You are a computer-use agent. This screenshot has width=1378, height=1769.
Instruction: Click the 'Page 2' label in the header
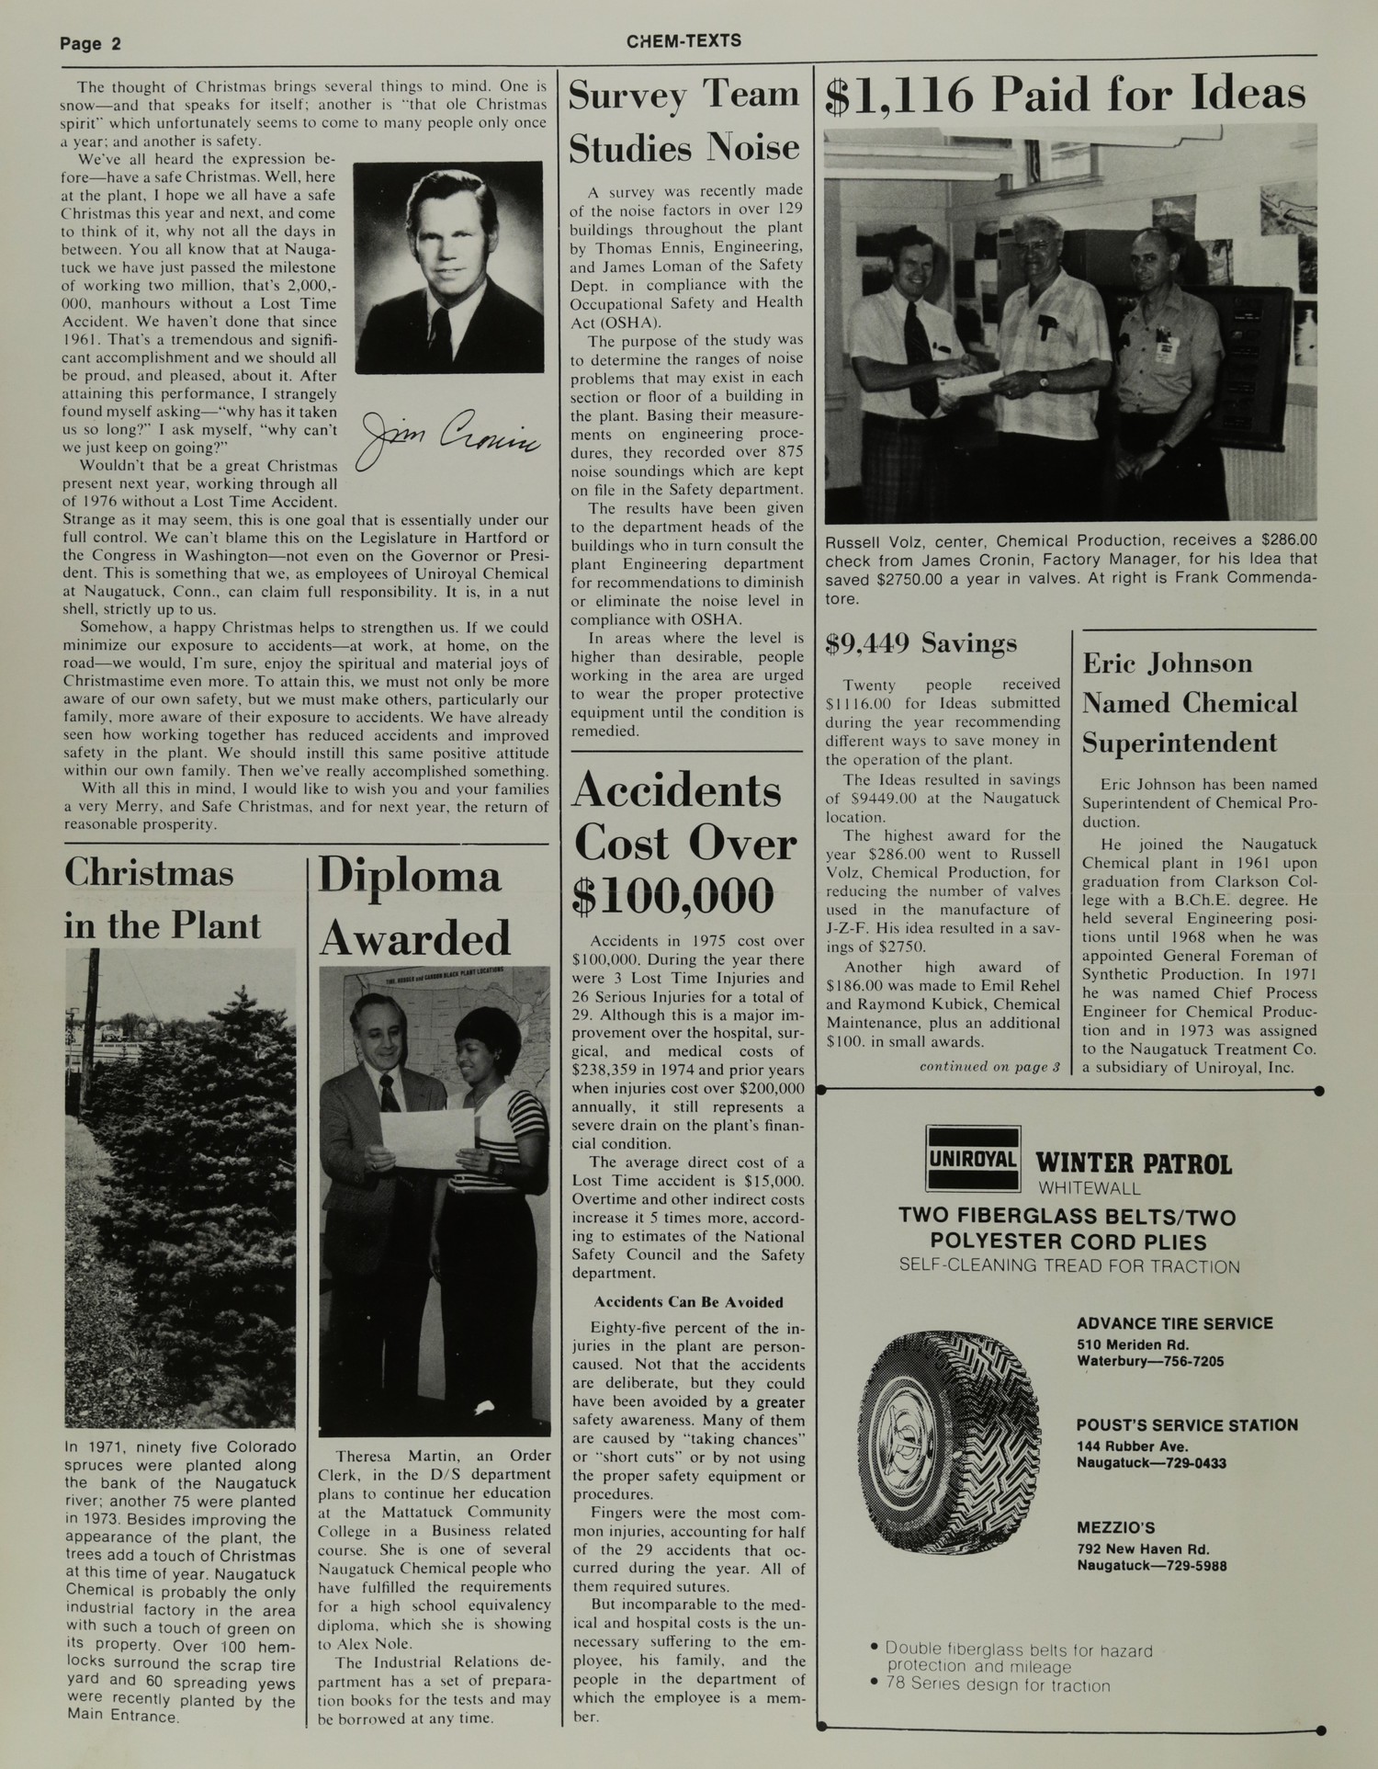click(x=91, y=44)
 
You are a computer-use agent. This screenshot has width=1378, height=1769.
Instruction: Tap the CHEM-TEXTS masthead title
click(x=684, y=41)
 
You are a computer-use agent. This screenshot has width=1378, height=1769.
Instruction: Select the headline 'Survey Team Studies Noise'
click(x=684, y=121)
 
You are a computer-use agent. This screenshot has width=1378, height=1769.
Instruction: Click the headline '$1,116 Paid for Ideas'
click(x=1066, y=96)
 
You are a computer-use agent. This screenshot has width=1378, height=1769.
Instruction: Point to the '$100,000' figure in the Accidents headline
click(x=672, y=896)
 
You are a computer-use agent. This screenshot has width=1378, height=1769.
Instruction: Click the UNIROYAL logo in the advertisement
click(x=973, y=1159)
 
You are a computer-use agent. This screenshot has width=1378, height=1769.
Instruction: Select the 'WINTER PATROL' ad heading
click(x=1134, y=1164)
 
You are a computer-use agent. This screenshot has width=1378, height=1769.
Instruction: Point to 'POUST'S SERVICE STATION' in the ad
click(x=1187, y=1425)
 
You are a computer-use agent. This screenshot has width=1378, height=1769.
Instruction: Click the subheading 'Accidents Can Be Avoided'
click(x=688, y=1302)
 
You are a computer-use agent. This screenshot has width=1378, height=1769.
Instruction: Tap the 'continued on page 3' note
click(x=989, y=1067)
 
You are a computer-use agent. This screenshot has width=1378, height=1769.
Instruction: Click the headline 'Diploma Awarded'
click(x=414, y=906)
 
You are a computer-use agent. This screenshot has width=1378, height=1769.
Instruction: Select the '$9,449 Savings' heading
click(x=921, y=643)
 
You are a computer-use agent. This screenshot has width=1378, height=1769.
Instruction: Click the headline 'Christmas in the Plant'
click(x=163, y=898)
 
